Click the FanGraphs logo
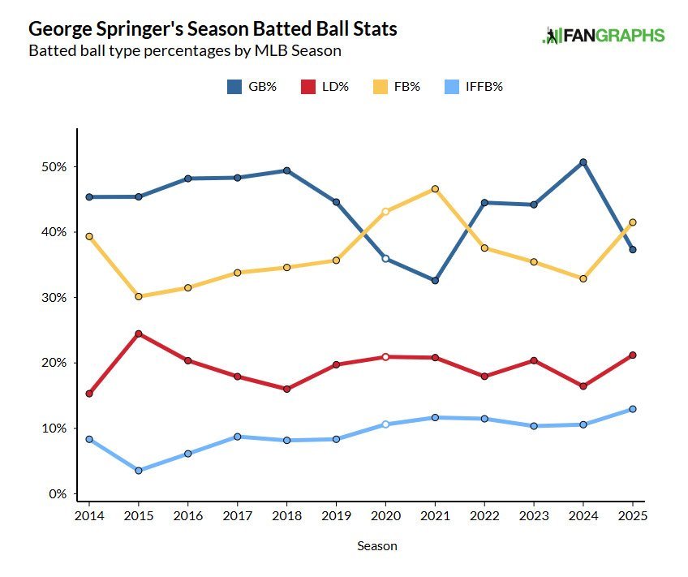603,36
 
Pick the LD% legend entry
325,87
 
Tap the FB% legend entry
397,87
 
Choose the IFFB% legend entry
476,87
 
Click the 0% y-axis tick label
58,494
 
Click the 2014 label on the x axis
88,516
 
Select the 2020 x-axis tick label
385,516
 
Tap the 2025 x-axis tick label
633,516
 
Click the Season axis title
377,546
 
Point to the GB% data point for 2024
583,162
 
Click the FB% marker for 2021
435,189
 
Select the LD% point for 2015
138,334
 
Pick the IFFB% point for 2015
138,471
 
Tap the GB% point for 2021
435,281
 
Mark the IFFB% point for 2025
633,409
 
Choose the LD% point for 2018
286,389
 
